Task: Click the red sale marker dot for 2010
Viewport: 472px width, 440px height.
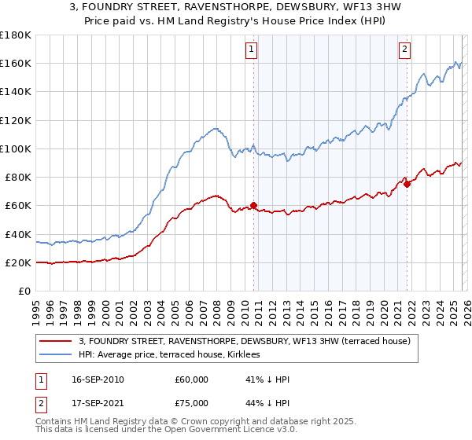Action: point(253,206)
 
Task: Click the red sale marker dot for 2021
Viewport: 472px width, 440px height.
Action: point(407,185)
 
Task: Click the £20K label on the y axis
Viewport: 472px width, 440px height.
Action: point(17,262)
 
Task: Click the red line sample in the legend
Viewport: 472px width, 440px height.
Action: point(57,340)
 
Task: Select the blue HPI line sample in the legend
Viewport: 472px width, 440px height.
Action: point(57,354)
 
